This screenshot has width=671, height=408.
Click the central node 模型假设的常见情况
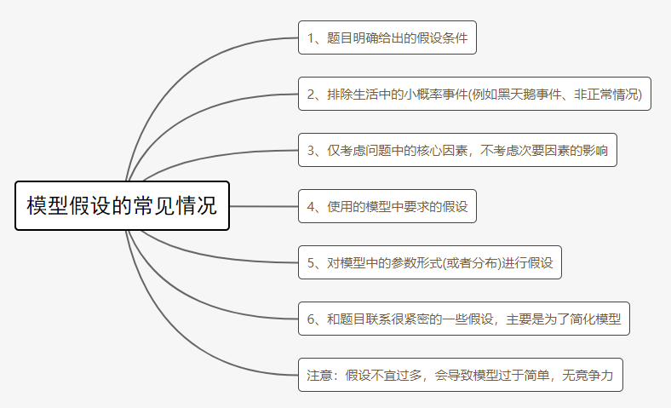point(123,205)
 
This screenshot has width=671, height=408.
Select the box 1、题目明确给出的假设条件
point(387,37)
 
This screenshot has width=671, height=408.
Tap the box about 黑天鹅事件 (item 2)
point(474,94)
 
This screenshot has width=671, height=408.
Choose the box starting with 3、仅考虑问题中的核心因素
point(457,150)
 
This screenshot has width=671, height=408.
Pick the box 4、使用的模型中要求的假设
point(387,206)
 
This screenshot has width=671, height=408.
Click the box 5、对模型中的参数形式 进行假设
point(429,262)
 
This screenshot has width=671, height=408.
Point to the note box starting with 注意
point(460,375)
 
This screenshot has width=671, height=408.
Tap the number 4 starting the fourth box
point(311,206)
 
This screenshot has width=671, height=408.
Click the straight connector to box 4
point(264,206)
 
